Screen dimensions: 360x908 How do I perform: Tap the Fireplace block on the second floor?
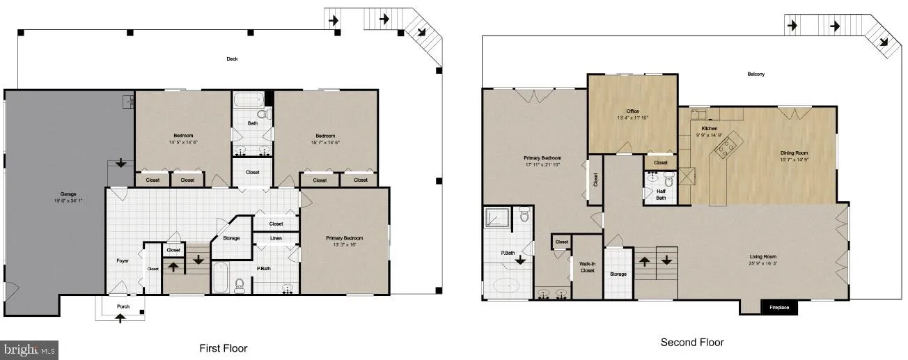[x=778, y=307]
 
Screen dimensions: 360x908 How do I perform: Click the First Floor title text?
[x=223, y=348]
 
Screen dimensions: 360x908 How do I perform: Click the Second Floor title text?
[x=691, y=343]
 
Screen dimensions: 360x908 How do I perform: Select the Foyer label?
[x=123, y=261]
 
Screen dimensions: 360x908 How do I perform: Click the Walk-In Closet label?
[x=588, y=267]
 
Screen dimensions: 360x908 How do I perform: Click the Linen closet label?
[x=276, y=238]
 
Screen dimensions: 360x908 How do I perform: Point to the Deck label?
[x=232, y=59]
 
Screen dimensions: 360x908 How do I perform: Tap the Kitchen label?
[x=709, y=129]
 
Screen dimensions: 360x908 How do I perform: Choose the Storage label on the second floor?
[x=618, y=274]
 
